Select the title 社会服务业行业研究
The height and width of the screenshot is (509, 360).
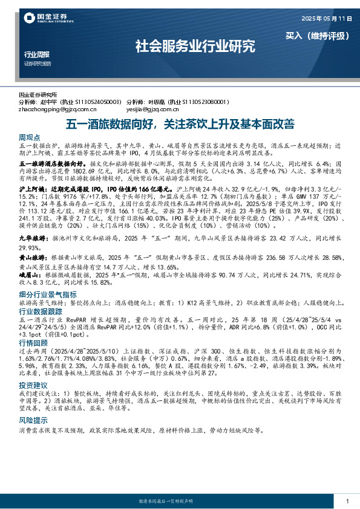click(195, 46)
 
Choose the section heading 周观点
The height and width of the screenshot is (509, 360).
click(30, 138)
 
